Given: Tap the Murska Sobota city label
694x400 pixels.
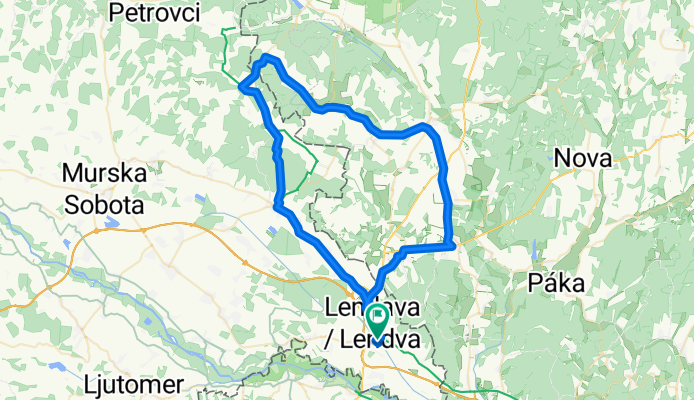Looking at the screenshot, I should pos(104,189).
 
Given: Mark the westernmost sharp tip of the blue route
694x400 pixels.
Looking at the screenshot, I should pos(241,89).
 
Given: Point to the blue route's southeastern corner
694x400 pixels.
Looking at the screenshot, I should pos(453,243).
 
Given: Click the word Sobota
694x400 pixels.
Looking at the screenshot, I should pos(104,205).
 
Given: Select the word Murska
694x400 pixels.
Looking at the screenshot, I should pos(104,173).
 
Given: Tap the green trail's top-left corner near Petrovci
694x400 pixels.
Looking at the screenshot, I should pos(223,32).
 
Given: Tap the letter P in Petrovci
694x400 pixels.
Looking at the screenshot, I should pos(116,14).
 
